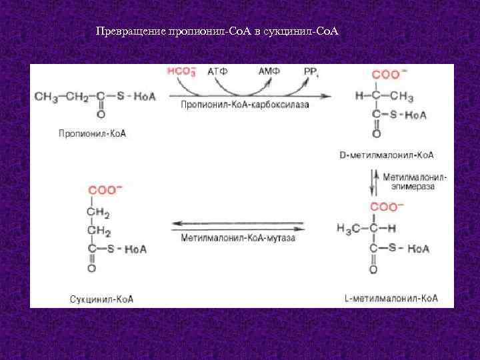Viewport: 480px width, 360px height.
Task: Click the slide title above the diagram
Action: click(217, 32)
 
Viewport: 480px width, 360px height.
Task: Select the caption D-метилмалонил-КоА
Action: click(387, 155)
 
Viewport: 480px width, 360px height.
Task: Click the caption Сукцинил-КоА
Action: click(101, 299)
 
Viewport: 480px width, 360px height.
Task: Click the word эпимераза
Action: click(413, 188)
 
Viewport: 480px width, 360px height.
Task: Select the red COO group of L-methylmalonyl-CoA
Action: click(384, 207)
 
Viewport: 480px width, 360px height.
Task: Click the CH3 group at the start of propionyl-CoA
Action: click(45, 97)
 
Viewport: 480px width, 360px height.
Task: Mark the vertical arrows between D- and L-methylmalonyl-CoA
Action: click(375, 181)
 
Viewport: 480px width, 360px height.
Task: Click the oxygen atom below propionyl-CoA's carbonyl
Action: click(100, 114)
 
